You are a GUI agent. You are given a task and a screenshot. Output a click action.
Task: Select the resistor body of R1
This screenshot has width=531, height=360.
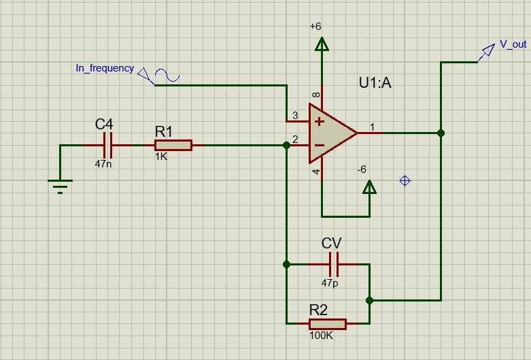[x=173, y=145]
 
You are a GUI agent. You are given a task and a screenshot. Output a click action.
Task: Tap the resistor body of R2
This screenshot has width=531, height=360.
[x=327, y=324]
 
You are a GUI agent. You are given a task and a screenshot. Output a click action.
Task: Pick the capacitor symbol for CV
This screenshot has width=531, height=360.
[x=333, y=263]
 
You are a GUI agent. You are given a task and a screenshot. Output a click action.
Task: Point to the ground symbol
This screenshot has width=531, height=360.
[x=61, y=184]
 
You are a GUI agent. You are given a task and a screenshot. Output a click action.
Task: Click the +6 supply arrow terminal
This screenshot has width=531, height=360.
[x=322, y=44]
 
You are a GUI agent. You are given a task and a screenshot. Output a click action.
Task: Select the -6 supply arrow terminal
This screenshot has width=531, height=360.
[x=369, y=187]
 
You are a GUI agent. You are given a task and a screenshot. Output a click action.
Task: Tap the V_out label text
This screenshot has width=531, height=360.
[x=513, y=44]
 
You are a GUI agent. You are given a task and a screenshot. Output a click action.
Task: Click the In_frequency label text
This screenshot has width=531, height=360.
[x=105, y=69]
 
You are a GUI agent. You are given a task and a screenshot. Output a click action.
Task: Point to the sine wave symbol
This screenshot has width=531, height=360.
[x=167, y=75]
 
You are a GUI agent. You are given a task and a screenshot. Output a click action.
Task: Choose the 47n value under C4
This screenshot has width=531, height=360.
[x=104, y=163]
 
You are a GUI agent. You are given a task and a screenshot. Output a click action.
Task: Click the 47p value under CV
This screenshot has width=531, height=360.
[x=330, y=282]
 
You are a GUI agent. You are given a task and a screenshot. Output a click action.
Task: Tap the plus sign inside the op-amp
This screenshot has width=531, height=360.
[x=318, y=121]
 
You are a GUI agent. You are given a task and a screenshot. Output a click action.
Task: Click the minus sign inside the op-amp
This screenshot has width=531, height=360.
[x=318, y=144]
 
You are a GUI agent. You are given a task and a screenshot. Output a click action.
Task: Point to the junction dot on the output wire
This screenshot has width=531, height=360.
[x=441, y=133]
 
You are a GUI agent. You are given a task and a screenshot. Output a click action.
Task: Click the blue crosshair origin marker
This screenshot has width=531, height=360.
[x=405, y=180]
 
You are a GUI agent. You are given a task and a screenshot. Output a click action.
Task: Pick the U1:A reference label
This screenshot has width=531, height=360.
[x=375, y=84]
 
